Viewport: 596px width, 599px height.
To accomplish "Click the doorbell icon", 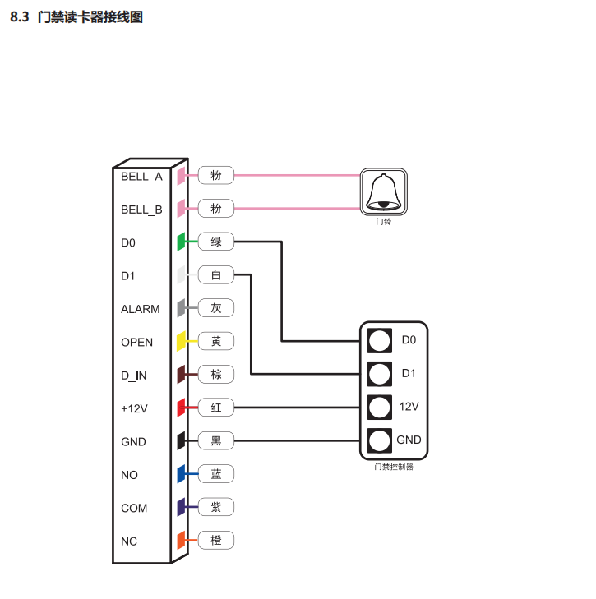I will coord(384,191).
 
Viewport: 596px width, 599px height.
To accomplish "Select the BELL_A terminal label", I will coord(141,176).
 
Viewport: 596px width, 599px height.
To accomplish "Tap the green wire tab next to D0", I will coord(181,242).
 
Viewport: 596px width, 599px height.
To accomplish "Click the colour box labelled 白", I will coord(216,275).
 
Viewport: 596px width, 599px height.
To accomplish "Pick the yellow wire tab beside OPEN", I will coord(181,342).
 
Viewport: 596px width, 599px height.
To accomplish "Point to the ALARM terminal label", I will coord(141,309).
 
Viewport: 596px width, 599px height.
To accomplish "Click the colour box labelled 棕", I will coord(216,375).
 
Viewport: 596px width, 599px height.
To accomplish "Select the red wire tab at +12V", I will coord(181,408).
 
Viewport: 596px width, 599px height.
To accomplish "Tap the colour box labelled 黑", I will coord(216,441).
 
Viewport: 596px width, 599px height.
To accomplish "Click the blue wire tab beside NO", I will coord(181,475).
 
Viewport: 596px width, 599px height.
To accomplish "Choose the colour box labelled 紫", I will coord(216,508).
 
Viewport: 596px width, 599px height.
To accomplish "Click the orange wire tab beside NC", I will coord(181,541).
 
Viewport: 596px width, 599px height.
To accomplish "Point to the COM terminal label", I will coord(134,508).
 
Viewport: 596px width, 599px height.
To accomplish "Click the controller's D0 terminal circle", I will coord(379,340).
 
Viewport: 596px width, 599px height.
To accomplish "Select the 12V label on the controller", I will coord(409,407).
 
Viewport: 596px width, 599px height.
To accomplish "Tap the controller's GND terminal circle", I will coord(379,440).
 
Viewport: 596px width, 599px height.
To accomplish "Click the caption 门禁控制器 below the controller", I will coord(393,468).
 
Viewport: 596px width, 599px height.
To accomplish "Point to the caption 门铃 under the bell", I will coord(384,222).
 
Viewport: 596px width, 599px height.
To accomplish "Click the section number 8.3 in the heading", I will coord(20,16).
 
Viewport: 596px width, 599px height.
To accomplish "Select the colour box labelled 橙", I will coord(216,541).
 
